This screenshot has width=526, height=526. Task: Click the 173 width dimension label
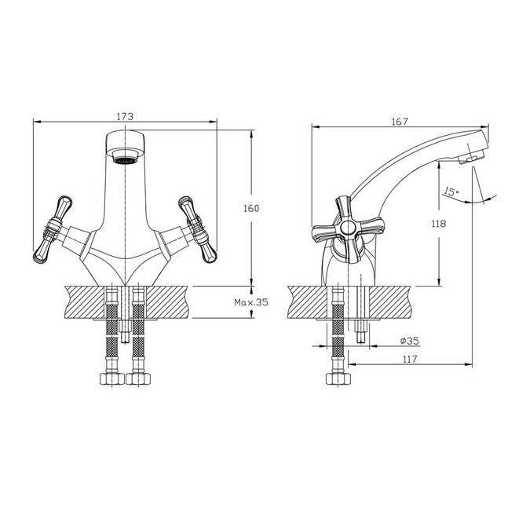125,116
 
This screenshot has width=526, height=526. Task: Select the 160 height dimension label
251,208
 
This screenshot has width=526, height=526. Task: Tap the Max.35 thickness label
251,302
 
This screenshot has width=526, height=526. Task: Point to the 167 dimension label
400,122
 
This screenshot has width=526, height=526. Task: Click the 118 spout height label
439,224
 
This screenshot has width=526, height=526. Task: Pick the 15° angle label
451,192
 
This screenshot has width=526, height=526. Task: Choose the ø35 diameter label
410,341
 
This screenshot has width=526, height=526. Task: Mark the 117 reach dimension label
410,360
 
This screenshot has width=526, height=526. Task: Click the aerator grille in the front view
125,160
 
